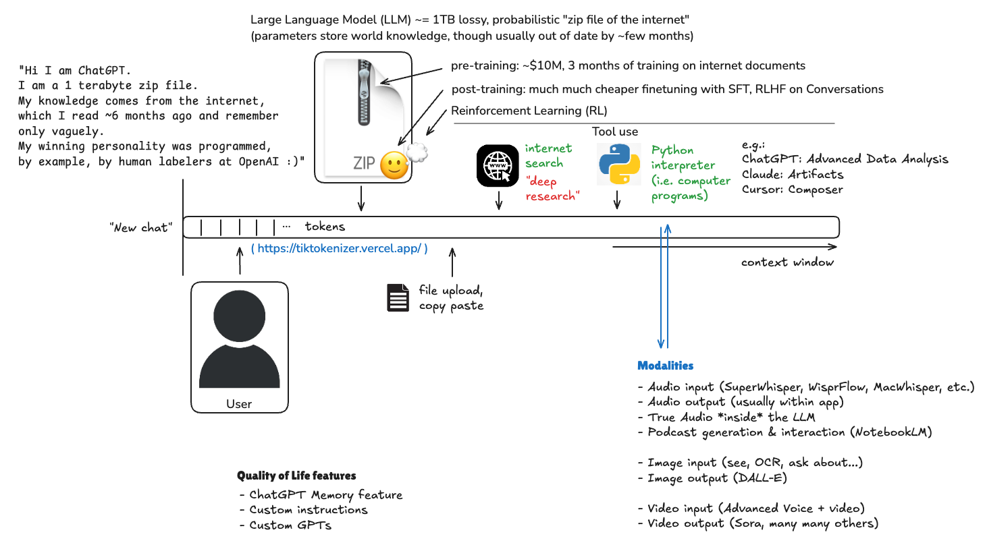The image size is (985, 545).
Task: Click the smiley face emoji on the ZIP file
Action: [394, 165]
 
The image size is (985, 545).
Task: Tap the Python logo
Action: [616, 164]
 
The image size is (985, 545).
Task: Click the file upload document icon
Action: [398, 298]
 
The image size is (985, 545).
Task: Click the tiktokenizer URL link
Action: [339, 249]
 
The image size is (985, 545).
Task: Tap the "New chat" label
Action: [140, 228]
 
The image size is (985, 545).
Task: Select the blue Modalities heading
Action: [665, 366]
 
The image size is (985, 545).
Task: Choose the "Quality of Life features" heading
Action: [296, 476]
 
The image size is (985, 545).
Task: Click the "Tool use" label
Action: [614, 132]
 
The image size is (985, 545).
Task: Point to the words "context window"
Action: [787, 262]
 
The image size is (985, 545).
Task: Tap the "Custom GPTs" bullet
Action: [290, 525]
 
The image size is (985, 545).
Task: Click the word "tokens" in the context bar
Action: [325, 227]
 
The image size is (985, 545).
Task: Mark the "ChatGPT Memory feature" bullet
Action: [325, 494]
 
